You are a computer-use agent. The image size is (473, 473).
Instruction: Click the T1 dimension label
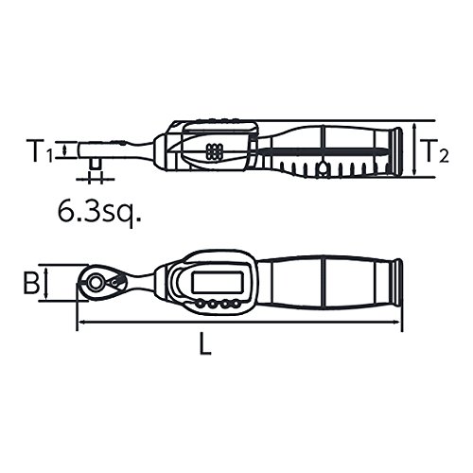(x=40, y=151)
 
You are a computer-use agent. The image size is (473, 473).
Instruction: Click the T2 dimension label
(x=435, y=151)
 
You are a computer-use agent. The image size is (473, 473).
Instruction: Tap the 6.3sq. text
(x=99, y=212)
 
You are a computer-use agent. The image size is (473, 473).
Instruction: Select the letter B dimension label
(x=31, y=282)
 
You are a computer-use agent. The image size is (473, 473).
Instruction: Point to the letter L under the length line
(x=205, y=344)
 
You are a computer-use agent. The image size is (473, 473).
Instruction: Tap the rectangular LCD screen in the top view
(x=219, y=283)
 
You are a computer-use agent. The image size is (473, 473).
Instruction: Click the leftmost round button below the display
(x=200, y=304)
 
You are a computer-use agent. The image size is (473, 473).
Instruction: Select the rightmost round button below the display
(x=236, y=304)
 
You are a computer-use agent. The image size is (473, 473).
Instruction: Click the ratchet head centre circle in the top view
(x=95, y=282)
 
